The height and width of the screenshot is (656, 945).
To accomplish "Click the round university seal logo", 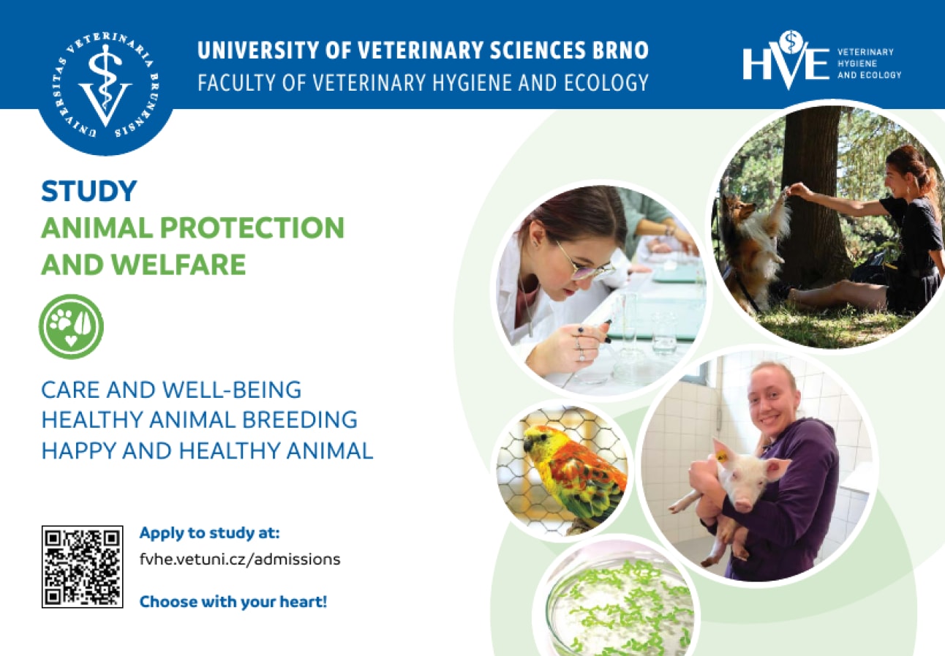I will tap(105, 84).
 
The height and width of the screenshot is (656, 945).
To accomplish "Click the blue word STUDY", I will tap(89, 192).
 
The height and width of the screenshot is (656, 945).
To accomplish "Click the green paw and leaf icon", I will tap(71, 326).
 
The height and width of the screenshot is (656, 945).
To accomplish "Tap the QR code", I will tap(82, 566).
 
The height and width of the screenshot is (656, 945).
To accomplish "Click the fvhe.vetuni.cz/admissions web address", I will tap(240, 559).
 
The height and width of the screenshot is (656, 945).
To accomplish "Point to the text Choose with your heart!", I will tap(233, 603).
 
